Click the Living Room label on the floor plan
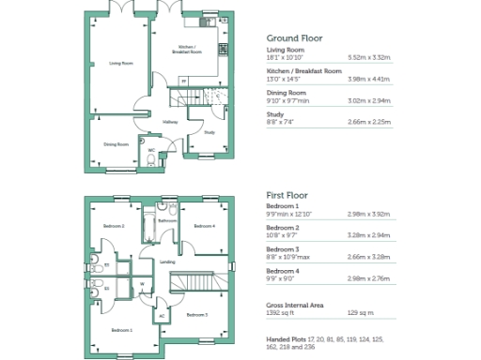[120, 64]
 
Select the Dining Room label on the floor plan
[116, 144]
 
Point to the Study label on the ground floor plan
[209, 132]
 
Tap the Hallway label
[170, 122]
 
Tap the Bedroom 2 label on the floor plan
[115, 226]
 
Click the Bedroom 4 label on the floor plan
[204, 226]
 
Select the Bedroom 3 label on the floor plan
[196, 314]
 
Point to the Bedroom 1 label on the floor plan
[121, 330]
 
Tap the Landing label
[167, 262]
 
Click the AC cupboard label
[162, 315]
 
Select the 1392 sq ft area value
[281, 311]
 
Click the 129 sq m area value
[361, 311]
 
